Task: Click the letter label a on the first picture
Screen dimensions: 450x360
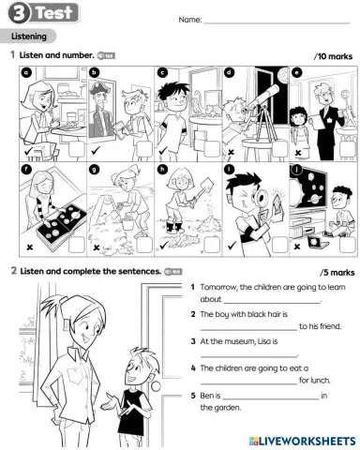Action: click(x=27, y=71)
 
